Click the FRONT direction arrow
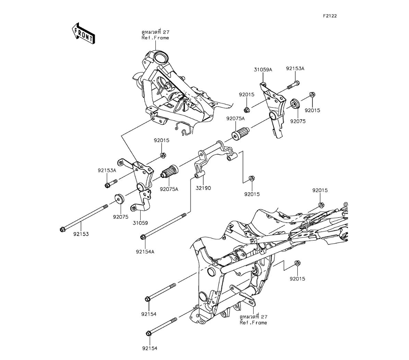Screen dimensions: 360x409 point(83,34)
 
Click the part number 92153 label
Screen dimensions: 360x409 point(81,234)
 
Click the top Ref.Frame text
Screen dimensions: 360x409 point(155,38)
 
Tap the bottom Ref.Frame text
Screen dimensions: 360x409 point(253,322)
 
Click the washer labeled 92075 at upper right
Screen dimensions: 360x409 point(294,103)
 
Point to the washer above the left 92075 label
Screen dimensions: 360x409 point(119,199)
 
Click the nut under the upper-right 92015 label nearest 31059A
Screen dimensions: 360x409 point(247,109)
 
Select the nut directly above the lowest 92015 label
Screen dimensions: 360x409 point(298,264)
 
